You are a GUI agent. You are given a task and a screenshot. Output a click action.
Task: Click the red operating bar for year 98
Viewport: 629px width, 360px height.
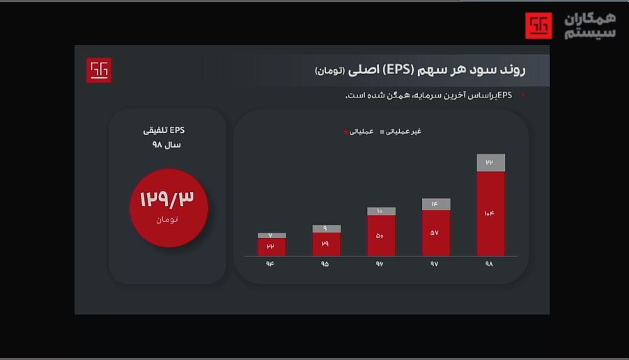[x=491, y=213]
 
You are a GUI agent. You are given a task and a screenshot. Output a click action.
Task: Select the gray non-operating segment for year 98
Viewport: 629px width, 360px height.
[x=491, y=162]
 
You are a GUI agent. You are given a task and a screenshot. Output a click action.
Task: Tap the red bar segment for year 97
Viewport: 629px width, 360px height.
[x=436, y=233]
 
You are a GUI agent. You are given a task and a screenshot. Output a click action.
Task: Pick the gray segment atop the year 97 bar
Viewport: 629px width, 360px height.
[x=436, y=204]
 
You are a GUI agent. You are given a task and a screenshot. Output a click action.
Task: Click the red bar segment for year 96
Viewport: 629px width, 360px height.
[x=381, y=235]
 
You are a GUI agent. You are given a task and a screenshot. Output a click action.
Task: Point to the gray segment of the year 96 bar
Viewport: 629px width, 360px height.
[x=381, y=211]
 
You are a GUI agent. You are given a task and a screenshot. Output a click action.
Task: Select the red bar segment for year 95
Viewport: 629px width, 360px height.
[x=326, y=244]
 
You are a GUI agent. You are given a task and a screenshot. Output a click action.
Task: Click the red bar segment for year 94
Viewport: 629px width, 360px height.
[x=271, y=247]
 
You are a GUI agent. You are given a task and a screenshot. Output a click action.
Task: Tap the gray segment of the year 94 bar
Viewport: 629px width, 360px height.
[x=271, y=235]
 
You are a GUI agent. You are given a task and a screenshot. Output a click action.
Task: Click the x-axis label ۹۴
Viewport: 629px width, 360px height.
[x=270, y=264]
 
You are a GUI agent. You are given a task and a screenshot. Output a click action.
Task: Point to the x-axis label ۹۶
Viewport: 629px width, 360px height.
[x=380, y=264]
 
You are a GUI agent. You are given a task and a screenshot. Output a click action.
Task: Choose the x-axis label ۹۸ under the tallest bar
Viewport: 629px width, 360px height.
[x=489, y=264]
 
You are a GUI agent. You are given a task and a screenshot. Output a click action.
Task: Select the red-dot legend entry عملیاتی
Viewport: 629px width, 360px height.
[x=360, y=132]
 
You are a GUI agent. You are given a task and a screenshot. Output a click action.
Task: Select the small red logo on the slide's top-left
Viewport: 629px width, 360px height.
[x=99, y=70]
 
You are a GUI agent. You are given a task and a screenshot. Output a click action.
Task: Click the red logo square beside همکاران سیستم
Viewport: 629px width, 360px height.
[x=538, y=26]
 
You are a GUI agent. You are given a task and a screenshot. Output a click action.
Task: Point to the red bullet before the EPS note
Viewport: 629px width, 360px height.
[x=523, y=95]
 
